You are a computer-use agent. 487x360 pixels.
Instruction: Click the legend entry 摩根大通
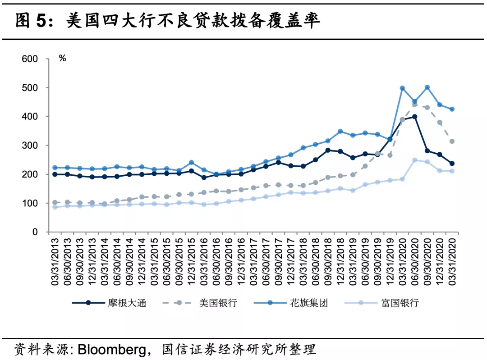pyautogui.click(x=109, y=303)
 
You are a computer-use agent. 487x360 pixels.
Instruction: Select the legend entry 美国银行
pyautogui.click(x=200, y=303)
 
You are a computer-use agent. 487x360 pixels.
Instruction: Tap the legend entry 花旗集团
pyautogui.click(x=291, y=303)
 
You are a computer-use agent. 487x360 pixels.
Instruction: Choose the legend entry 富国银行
pyautogui.click(x=382, y=303)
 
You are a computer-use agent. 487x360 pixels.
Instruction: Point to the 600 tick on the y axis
pyautogui.click(x=30, y=59)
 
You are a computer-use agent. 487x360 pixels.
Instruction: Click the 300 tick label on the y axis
pyautogui.click(x=30, y=146)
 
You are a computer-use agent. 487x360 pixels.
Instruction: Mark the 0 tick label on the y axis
pyautogui.click(x=35, y=232)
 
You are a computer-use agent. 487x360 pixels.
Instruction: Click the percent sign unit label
pyautogui.click(x=62, y=58)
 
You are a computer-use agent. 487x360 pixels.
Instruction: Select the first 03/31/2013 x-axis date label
pyautogui.click(x=55, y=262)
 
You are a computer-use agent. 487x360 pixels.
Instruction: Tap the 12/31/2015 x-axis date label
pyautogui.click(x=191, y=262)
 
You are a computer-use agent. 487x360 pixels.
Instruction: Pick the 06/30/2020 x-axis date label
pyautogui.click(x=415, y=262)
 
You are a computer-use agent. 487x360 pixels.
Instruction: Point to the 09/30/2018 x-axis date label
pyautogui.click(x=328, y=262)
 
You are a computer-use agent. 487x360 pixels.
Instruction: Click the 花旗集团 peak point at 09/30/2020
pyautogui.click(x=427, y=87)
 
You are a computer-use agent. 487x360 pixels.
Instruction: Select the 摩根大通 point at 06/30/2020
pyautogui.click(x=415, y=117)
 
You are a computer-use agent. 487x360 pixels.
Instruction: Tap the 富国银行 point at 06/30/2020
pyautogui.click(x=415, y=160)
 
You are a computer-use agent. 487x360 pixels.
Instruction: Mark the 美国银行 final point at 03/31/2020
pyautogui.click(x=452, y=141)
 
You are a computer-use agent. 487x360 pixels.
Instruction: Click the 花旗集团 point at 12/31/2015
pyautogui.click(x=191, y=163)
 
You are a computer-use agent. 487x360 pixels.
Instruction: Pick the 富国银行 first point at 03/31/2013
pyautogui.click(x=55, y=207)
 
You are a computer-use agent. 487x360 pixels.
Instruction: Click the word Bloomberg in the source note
pyautogui.click(x=112, y=350)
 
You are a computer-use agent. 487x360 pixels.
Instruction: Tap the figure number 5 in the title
pyautogui.click(x=41, y=21)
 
